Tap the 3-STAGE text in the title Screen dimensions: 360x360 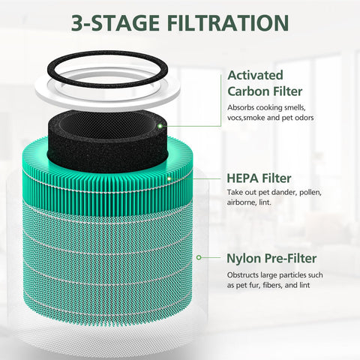115,22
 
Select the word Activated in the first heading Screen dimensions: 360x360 255,75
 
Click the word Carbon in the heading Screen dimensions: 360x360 248,91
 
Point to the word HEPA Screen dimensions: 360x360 242,178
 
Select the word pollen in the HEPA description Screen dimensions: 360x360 310,193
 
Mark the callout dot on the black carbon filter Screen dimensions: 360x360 160,126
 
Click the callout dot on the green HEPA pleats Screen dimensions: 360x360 169,178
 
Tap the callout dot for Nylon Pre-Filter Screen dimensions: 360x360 199,257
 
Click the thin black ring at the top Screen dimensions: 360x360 107,55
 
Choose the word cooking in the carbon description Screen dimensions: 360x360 268,108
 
